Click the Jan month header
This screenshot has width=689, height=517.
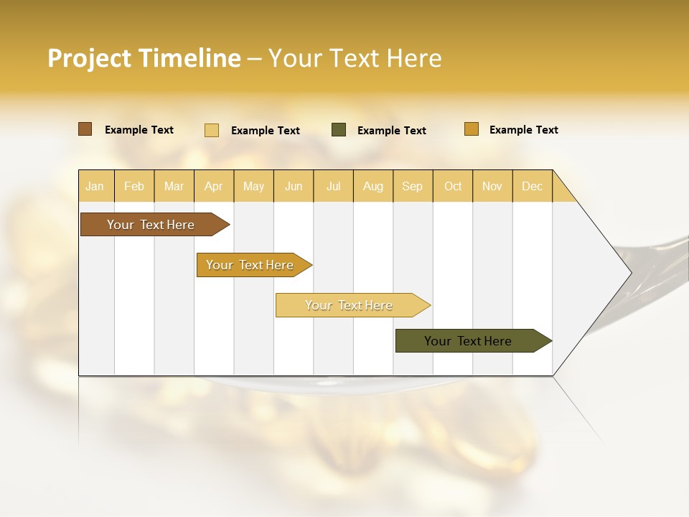[95, 186]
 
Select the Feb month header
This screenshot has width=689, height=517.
[134, 186]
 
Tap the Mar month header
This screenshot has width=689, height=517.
[174, 186]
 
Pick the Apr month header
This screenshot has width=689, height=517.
[214, 186]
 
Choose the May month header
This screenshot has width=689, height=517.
[253, 186]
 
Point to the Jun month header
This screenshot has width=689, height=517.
[294, 186]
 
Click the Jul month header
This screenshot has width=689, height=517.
[333, 186]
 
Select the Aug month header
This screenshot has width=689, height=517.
[373, 186]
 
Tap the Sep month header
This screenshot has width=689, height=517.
[413, 186]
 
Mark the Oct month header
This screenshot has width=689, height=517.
[453, 186]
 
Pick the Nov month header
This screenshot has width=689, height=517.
[492, 186]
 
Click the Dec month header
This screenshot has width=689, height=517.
[533, 186]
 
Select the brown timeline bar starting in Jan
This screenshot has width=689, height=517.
[151, 225]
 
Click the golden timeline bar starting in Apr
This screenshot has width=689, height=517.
[250, 265]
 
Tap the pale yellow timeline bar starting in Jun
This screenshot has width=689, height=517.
[350, 305]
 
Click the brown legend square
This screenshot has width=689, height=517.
[85, 129]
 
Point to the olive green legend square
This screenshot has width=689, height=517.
[339, 130]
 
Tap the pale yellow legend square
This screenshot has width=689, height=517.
[212, 130]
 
